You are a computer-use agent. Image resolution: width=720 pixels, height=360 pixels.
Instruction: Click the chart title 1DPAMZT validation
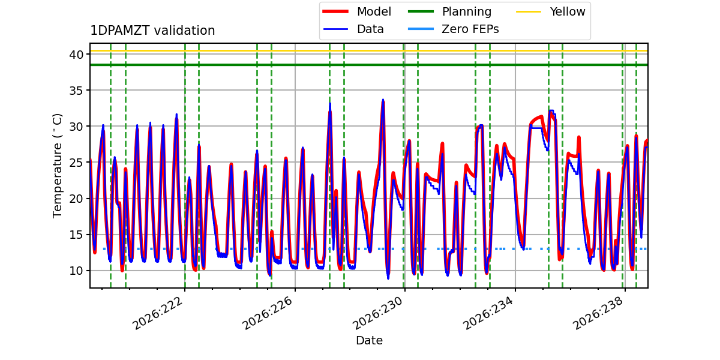click(x=152, y=31)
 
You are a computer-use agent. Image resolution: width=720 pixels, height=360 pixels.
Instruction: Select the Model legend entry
click(x=357, y=11)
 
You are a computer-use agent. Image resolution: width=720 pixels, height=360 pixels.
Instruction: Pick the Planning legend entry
click(x=449, y=11)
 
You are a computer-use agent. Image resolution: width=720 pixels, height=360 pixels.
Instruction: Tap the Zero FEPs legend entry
click(x=453, y=29)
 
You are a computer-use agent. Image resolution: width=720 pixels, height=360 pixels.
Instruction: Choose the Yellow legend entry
click(x=551, y=11)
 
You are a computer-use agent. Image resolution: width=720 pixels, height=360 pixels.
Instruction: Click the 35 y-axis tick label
click(x=76, y=91)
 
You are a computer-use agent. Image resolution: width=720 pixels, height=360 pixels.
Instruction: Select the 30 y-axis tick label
click(x=76, y=127)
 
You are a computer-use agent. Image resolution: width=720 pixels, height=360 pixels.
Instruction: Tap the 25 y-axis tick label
click(x=76, y=163)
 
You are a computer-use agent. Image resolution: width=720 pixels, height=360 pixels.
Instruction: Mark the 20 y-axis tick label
click(x=76, y=199)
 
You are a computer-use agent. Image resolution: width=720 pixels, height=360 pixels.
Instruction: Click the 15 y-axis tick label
click(x=76, y=235)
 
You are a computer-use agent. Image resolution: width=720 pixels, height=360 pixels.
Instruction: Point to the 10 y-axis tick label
click(x=76, y=271)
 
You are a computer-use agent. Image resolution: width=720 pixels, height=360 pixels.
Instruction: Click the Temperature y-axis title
click(x=57, y=166)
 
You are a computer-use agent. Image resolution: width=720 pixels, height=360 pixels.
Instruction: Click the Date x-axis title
click(x=370, y=340)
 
